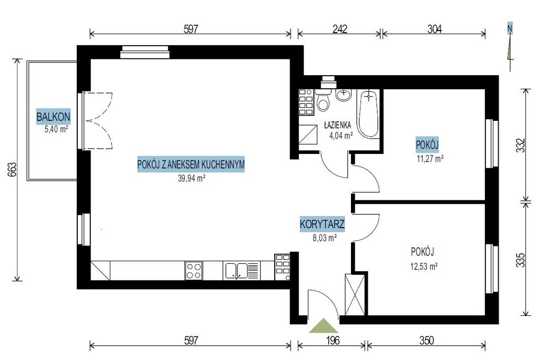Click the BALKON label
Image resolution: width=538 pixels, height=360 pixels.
coord(53,117)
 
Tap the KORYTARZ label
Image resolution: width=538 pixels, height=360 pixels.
coord(322,224)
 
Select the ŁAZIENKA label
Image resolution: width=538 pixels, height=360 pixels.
coord(337,125)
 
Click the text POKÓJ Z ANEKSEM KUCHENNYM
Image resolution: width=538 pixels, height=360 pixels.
coord(191,164)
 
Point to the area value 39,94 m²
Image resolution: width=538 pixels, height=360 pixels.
coord(191,178)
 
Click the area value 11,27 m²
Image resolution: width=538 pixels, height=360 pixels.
coord(430,159)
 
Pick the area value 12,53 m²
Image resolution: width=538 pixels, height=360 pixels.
coord(424,266)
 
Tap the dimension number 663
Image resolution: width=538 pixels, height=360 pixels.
coord(12,170)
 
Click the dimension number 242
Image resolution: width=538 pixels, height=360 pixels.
coord(340,29)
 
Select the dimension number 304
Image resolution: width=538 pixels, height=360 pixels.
coord(434,29)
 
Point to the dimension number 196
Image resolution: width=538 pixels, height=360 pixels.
coord(332,340)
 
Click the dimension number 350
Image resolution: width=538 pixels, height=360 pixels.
coord(427,340)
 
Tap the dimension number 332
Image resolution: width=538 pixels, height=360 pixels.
coord(521,145)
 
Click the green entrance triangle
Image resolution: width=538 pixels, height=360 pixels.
coord(324,326)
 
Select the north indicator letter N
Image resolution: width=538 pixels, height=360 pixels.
coord(510,29)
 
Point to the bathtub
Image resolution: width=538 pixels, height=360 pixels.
coord(369,114)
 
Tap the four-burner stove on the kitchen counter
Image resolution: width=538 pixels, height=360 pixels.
coord(193,271)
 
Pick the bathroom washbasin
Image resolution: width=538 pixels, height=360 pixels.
coord(344,95)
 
